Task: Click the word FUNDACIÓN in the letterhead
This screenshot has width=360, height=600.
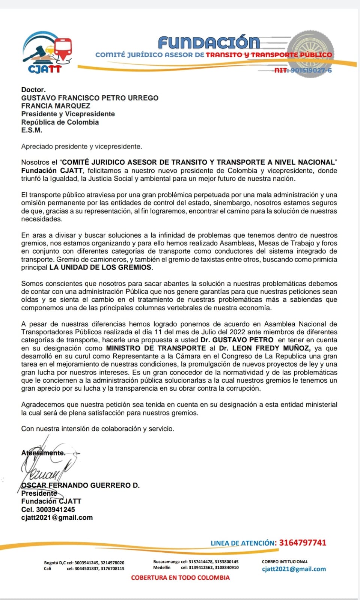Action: click(209, 43)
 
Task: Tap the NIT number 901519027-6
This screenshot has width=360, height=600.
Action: click(303, 70)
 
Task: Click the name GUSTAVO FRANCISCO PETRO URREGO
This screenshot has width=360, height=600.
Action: click(90, 98)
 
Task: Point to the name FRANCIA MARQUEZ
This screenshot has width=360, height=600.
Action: click(56, 106)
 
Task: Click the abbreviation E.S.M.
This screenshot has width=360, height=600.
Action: click(32, 130)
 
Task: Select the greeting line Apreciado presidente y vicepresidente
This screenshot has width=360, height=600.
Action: click(81, 146)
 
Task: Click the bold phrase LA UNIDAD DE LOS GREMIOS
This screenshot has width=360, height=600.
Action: click(101, 268)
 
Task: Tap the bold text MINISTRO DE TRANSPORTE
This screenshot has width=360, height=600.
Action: click(156, 348)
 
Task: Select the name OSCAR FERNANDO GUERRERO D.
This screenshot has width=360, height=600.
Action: click(80, 485)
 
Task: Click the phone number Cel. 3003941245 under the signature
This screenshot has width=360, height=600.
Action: click(48, 510)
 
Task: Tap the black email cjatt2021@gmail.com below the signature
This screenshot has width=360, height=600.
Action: click(57, 517)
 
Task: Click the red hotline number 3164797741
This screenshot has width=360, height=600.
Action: click(303, 543)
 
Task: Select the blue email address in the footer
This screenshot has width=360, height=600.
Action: click(294, 569)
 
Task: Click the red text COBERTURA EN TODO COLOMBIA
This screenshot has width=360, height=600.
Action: click(180, 578)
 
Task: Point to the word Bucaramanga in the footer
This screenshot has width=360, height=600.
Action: click(166, 562)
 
